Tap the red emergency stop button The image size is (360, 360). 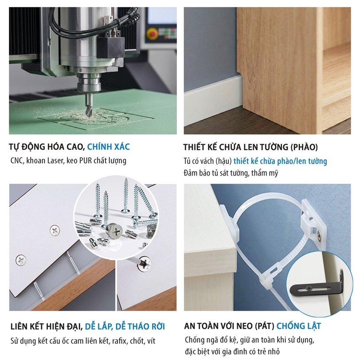coord(152,34)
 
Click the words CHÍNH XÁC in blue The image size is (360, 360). coord(108,147)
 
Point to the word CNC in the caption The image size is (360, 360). coord(17,160)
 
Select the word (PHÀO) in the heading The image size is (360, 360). coord(304,147)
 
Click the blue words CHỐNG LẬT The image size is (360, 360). coord(298,326)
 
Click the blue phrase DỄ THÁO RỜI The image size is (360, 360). coord(140,326)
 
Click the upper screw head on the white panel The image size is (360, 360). coord(55,231)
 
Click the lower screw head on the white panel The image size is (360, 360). coord(21,260)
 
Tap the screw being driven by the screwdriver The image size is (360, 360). coord(145,264)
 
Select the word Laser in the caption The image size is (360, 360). coord(55,160)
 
